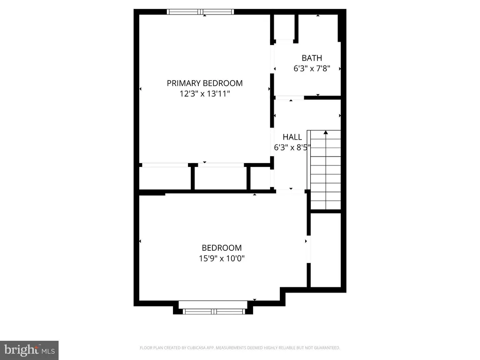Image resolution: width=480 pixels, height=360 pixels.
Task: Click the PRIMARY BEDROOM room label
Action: (205, 83)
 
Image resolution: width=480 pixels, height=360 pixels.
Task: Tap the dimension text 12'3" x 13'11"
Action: (205, 94)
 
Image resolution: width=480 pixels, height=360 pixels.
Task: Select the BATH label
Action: (312, 58)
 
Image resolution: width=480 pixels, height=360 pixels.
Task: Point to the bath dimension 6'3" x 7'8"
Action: (312, 68)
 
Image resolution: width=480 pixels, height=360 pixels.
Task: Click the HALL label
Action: (292, 137)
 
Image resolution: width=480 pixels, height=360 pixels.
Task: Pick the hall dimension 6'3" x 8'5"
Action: (292, 147)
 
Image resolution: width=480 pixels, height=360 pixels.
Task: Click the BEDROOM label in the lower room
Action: (222, 248)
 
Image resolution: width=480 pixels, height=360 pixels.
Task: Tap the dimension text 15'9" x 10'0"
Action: (222, 258)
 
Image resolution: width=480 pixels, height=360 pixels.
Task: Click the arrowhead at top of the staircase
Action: (326, 133)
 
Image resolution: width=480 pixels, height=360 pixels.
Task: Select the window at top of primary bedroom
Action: (201, 12)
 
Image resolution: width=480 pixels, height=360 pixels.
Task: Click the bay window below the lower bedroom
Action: (213, 310)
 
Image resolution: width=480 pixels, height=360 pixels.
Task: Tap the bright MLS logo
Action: (29, 350)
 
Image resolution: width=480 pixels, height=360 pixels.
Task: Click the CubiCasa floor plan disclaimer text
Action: (240, 348)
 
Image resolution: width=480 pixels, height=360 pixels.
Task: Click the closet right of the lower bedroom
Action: (326, 248)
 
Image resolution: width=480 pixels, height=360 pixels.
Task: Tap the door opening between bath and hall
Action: (289, 98)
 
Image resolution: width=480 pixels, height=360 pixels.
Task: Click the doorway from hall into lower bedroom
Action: (291, 191)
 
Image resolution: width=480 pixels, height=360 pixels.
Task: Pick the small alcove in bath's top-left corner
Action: (284, 27)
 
